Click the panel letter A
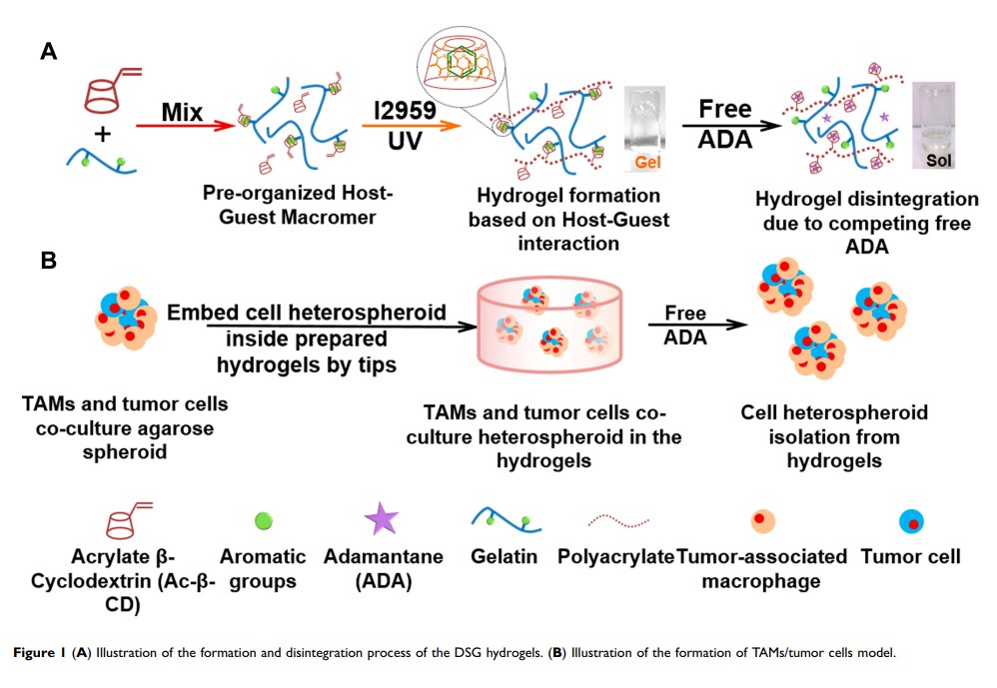47,52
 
